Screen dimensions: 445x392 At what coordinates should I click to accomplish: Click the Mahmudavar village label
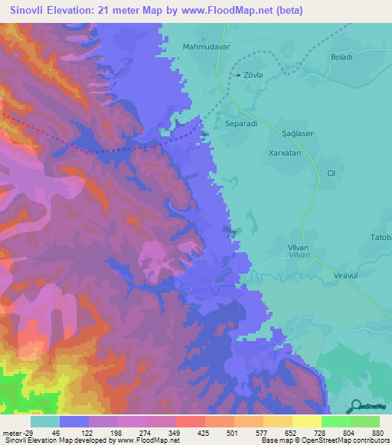pos(206,47)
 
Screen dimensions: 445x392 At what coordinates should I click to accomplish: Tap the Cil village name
pos(332,174)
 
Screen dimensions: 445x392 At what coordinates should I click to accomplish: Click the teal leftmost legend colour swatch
pos(45,422)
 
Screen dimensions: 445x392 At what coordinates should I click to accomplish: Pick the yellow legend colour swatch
pos(307,422)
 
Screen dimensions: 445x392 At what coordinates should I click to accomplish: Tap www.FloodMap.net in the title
pos(234,11)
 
